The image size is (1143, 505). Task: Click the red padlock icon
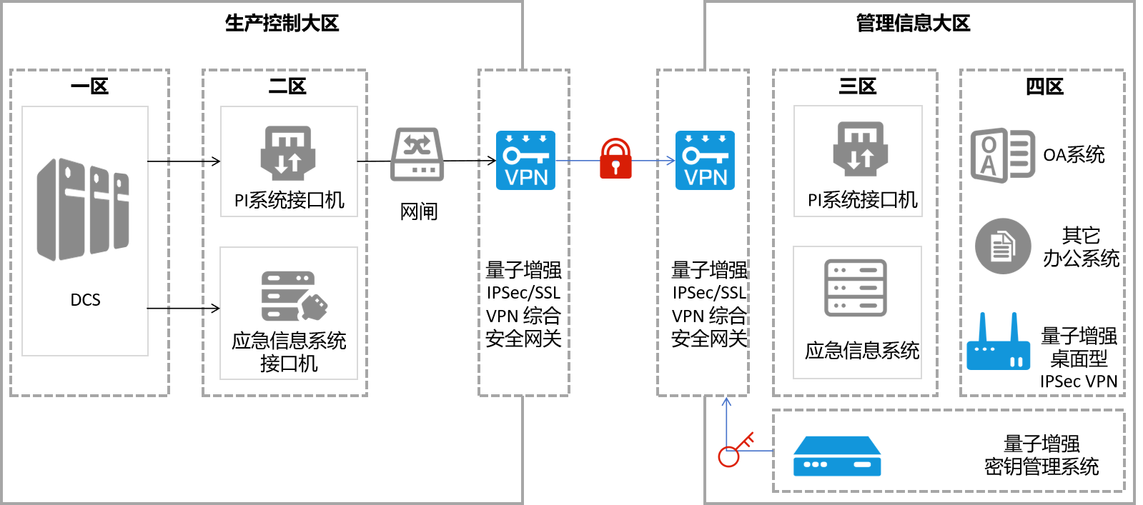pyautogui.click(x=615, y=159)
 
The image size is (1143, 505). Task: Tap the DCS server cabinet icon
pyautogui.click(x=83, y=209)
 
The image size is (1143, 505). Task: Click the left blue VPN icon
pyautogui.click(x=525, y=160)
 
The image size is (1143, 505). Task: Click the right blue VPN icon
pyautogui.click(x=705, y=160)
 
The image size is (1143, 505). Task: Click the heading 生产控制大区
pyautogui.click(x=282, y=24)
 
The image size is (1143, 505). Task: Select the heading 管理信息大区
pyautogui.click(x=913, y=24)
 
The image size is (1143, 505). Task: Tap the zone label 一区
pyautogui.click(x=89, y=86)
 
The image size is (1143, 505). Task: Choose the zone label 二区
pyautogui.click(x=287, y=86)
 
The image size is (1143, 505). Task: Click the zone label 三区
pyautogui.click(x=857, y=86)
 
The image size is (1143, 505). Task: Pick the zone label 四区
pyautogui.click(x=1044, y=86)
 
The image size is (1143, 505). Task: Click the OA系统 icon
pyautogui.click(x=1002, y=155)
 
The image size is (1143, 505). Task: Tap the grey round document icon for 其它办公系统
pyautogui.click(x=1003, y=246)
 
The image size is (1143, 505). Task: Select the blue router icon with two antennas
pyautogui.click(x=998, y=344)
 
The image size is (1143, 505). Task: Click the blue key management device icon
pyautogui.click(x=837, y=457)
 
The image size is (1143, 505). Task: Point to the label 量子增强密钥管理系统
pyautogui.click(x=1041, y=455)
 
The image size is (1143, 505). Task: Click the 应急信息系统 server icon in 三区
pyautogui.click(x=856, y=288)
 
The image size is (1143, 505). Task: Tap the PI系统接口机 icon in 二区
pyautogui.click(x=288, y=153)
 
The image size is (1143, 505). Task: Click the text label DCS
pyautogui.click(x=85, y=300)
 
